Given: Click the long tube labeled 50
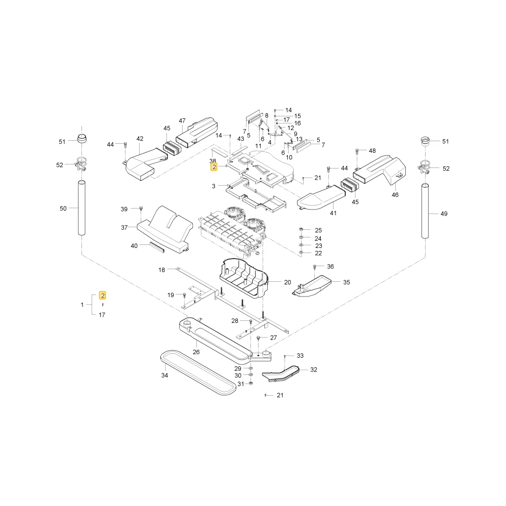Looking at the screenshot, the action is pos(81,208).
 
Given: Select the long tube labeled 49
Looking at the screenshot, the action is pos(425,211).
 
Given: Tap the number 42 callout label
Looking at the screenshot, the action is pos(140,139).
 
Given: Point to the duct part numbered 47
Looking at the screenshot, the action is pos(197,132).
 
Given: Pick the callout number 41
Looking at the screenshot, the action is pos(333,213).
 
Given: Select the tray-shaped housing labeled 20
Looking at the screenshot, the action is pos(244,278).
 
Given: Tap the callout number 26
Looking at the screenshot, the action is pos(196,352).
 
